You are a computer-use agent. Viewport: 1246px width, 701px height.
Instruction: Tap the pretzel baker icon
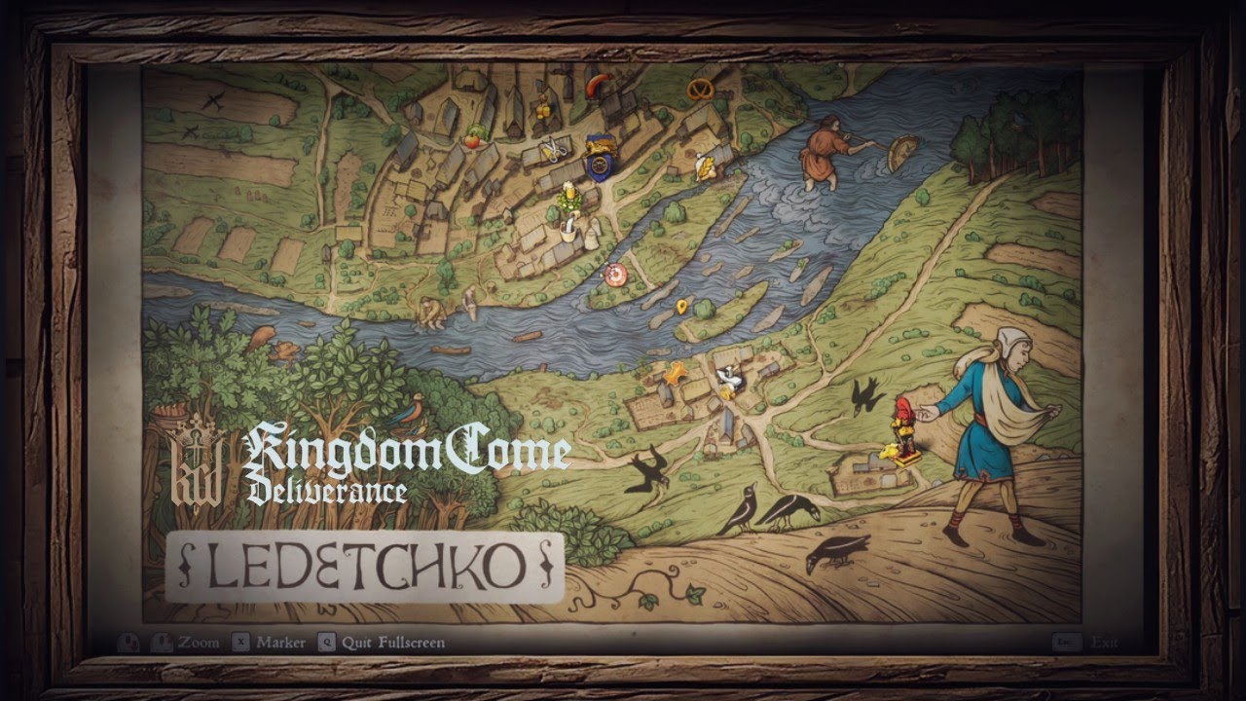[x=699, y=91]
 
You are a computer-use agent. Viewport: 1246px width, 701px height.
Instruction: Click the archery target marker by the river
[x=614, y=276]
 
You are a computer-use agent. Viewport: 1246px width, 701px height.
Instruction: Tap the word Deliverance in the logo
[x=326, y=490]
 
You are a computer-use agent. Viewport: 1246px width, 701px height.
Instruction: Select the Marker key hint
[x=281, y=643]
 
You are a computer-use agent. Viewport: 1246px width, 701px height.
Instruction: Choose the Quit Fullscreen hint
[x=393, y=643]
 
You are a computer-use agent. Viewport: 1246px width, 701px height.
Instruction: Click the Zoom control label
[x=199, y=643]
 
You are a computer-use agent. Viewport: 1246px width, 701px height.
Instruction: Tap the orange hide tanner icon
[x=674, y=371]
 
